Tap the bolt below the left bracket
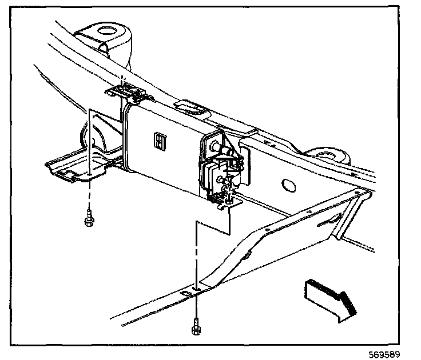89,219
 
